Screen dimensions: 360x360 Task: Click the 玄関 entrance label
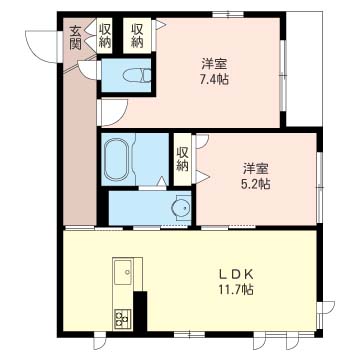(75, 38)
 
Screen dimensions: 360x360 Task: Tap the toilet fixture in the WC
(137, 75)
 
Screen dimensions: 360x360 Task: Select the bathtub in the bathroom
(117, 159)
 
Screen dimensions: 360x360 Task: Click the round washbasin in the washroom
(181, 208)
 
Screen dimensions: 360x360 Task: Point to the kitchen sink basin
(123, 272)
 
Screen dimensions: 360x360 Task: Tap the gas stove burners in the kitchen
(123, 319)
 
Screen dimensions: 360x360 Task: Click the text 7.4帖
(214, 79)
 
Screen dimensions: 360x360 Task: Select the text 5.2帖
(256, 183)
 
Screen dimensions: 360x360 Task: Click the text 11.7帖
(236, 289)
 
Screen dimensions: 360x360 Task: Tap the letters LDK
(236, 274)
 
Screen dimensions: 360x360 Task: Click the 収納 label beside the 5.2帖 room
(182, 159)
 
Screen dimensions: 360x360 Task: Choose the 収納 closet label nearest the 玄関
(104, 36)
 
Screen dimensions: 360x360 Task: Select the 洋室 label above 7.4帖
(214, 63)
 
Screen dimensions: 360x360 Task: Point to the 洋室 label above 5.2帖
(256, 168)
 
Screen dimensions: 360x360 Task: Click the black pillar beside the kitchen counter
(140, 311)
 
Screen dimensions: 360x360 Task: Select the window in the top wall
(228, 14)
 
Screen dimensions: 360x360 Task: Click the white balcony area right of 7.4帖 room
(304, 69)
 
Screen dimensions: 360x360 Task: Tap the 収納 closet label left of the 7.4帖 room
(137, 36)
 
